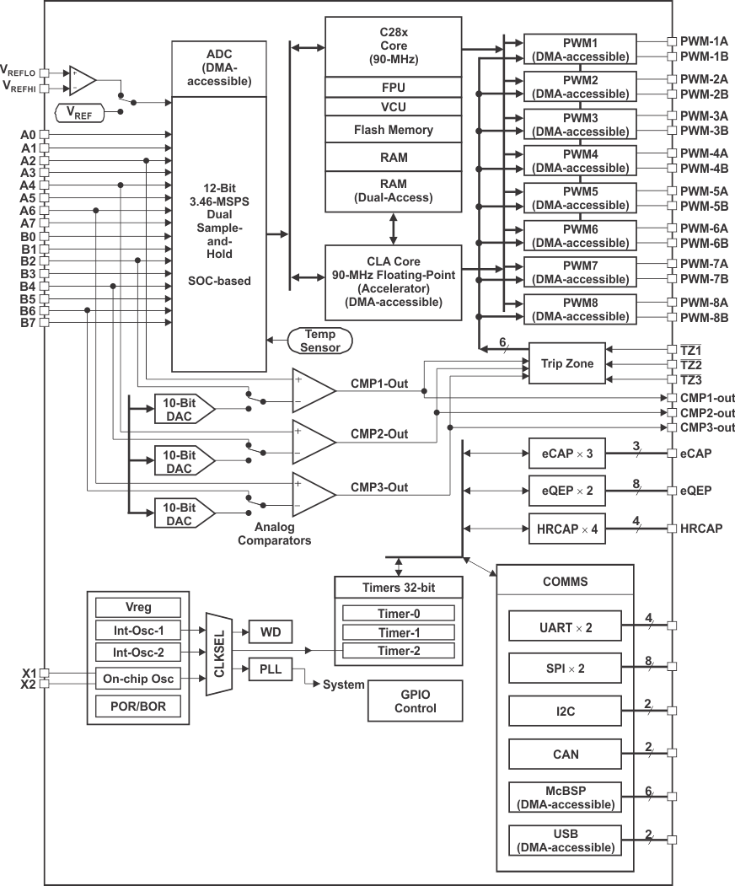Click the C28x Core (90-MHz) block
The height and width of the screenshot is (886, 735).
[x=394, y=46]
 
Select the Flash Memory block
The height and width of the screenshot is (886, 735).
[x=394, y=130]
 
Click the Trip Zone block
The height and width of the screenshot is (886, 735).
[x=566, y=363]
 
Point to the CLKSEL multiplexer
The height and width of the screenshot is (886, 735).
[x=218, y=654]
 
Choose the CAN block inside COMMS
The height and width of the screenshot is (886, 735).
[x=565, y=754]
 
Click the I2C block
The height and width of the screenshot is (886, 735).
[x=565, y=711]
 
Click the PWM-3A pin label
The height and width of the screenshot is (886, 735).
[x=704, y=116]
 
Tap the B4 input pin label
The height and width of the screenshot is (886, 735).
[x=28, y=287]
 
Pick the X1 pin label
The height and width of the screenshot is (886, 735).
[x=28, y=673]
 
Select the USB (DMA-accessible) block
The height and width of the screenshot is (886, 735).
[x=565, y=840]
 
